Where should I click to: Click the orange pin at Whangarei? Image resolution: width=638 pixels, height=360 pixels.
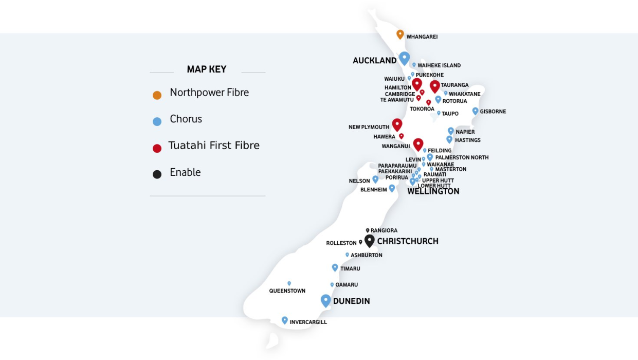400,34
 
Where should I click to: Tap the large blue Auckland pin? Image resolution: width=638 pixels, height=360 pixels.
405,58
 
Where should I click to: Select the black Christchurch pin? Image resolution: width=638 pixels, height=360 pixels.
369,240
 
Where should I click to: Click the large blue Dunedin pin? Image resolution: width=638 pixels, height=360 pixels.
325,300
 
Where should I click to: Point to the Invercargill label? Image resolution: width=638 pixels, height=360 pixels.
308,322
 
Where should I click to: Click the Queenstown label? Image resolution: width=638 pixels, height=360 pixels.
287,291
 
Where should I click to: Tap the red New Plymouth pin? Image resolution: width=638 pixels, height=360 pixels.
397,124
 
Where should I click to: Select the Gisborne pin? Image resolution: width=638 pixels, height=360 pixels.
475,111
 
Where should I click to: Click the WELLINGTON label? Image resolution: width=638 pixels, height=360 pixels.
433,191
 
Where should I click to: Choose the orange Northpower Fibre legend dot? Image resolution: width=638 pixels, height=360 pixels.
157,95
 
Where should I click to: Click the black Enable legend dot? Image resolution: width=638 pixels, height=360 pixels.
157,174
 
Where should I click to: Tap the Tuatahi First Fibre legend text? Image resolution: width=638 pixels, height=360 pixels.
214,146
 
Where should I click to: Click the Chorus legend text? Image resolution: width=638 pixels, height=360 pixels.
186,119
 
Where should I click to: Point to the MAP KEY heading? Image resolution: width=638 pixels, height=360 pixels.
207,69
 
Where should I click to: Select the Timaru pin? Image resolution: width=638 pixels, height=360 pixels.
335,267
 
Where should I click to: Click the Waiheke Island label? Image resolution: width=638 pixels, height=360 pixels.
439,66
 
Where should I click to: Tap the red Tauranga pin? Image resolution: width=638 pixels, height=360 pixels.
435,86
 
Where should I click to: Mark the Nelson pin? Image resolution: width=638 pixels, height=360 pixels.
375,179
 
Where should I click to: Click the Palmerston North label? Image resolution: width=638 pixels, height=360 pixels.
462,157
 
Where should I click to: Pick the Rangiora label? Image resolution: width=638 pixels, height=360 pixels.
384,231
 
